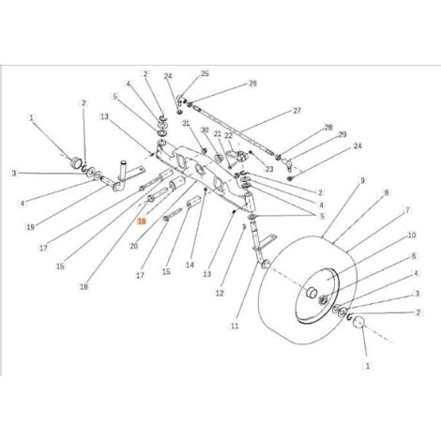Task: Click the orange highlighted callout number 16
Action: [142, 221]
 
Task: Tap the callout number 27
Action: [297, 111]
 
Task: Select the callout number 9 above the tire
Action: [362, 180]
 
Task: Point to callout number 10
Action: [412, 235]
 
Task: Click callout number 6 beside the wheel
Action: [414, 256]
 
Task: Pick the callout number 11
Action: [235, 326]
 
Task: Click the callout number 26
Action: [252, 84]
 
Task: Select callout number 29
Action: [342, 134]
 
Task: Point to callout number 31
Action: [186, 124]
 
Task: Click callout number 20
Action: [133, 247]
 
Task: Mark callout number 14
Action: [190, 265]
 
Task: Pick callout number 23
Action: [269, 169]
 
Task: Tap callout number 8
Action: [387, 193]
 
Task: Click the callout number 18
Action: [84, 286]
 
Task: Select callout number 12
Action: [220, 293]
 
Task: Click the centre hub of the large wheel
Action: [312, 293]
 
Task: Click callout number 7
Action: [407, 210]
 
